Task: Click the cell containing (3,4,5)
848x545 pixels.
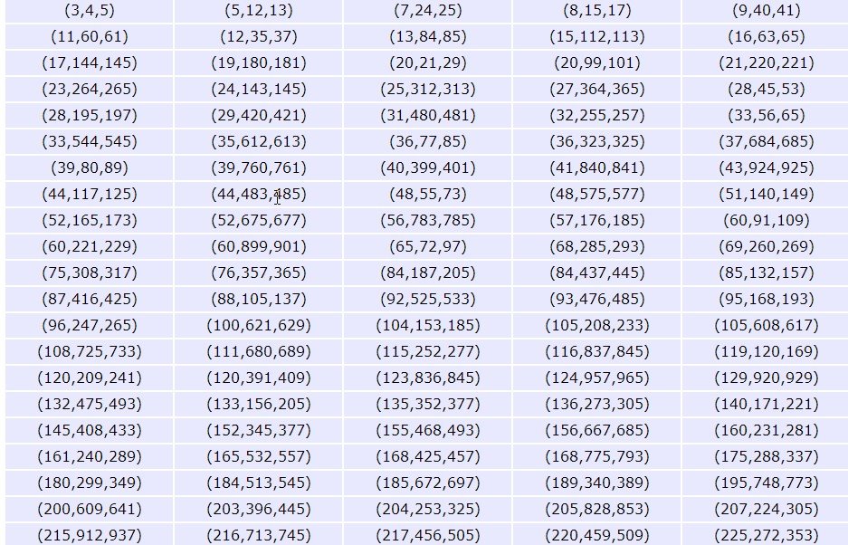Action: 89,11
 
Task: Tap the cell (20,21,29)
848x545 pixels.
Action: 427,63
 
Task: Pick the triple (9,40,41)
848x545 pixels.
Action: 766,11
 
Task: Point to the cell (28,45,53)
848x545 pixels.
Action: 766,90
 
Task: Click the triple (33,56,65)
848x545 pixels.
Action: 766,116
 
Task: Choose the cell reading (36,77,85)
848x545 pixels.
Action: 427,142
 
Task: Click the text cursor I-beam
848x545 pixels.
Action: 277,197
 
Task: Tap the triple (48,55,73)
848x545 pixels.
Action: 427,195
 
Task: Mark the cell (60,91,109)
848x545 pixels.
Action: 766,221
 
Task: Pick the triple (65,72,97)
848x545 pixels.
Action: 427,247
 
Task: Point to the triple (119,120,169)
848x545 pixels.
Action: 766,352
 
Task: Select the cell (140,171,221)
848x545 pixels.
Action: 766,405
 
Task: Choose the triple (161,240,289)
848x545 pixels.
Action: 89,457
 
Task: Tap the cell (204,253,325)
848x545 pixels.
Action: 427,510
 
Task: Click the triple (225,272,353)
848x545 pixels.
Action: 766,535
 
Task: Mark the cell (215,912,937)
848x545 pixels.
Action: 89,535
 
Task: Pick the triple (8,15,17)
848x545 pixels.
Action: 596,11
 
